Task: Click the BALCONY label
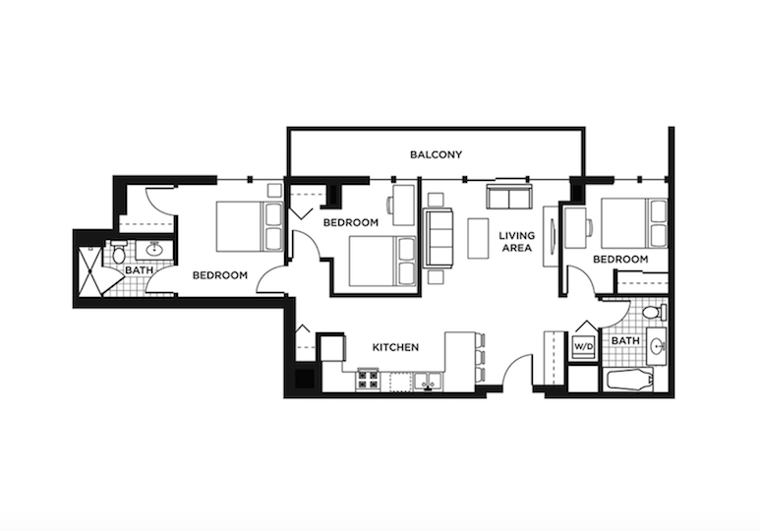[x=436, y=155]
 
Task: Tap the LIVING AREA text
[x=515, y=242]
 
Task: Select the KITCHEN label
[x=395, y=347]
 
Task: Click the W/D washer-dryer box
[x=583, y=347]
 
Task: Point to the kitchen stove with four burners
[x=368, y=379]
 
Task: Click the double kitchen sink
[x=426, y=381]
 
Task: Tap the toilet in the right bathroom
[x=658, y=311]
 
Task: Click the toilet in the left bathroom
[x=119, y=255]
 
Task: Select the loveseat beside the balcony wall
[x=508, y=196]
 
